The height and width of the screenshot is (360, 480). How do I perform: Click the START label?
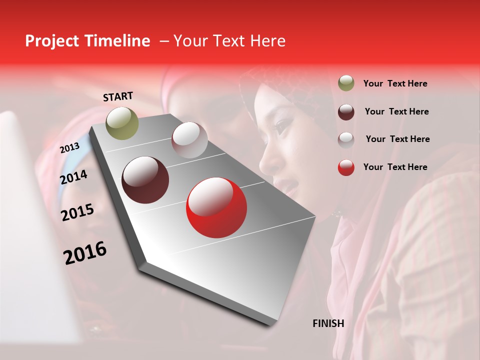click(118, 96)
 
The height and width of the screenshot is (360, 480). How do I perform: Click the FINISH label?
click(328, 323)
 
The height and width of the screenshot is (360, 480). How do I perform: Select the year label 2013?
click(69, 147)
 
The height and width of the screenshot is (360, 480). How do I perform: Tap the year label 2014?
click(73, 177)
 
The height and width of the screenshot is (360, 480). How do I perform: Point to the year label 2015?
click(77, 212)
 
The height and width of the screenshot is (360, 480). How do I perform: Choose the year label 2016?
click(85, 253)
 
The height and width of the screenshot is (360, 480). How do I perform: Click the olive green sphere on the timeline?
click(122, 123)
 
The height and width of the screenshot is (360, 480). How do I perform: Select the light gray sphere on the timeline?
click(189, 140)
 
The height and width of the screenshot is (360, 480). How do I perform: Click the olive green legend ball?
click(346, 83)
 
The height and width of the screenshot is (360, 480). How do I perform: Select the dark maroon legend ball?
click(346, 111)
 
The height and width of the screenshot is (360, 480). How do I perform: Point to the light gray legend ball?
click(346, 139)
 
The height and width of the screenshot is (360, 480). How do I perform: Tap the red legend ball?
click(346, 167)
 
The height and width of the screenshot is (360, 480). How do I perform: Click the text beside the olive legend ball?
click(395, 84)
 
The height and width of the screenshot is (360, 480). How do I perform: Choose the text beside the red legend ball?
click(395, 167)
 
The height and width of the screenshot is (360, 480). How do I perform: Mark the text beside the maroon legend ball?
click(396, 111)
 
